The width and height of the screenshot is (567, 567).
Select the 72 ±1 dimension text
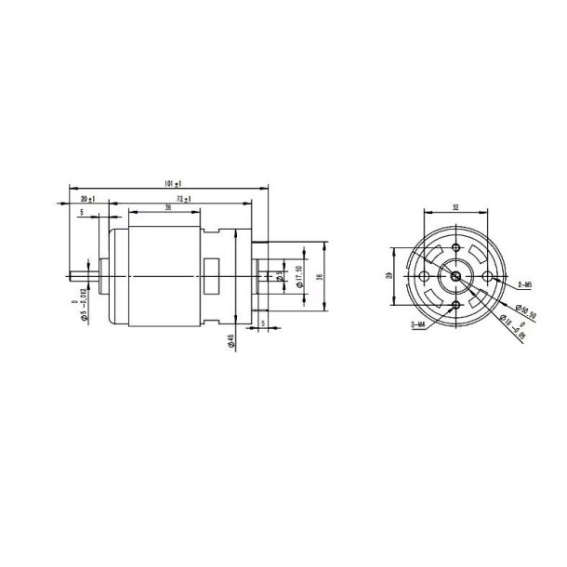click(x=183, y=200)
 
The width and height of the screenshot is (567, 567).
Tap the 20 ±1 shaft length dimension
click(x=89, y=200)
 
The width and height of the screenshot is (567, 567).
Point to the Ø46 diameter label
click(x=230, y=341)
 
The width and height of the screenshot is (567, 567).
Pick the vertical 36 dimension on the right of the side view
click(x=318, y=277)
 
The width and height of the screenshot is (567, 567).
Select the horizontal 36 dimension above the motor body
click(x=167, y=208)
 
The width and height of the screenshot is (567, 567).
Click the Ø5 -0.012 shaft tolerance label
click(x=82, y=307)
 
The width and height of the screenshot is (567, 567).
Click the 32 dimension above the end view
click(x=455, y=207)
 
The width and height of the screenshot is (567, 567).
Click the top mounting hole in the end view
click(x=455, y=248)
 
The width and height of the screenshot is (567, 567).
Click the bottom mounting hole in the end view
click(x=455, y=306)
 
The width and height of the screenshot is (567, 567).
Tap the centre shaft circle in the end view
click(x=455, y=277)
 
